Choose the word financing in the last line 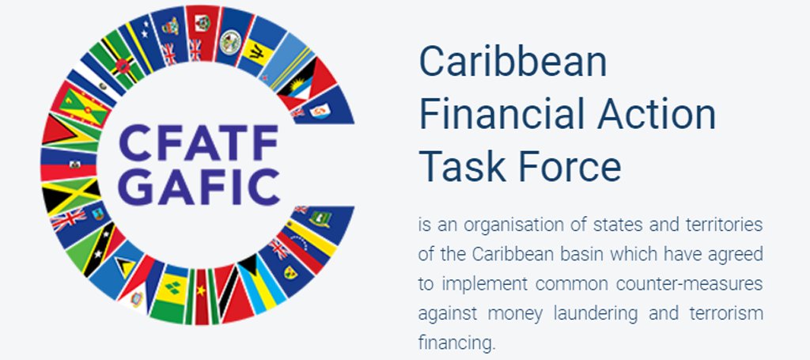[455, 343]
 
